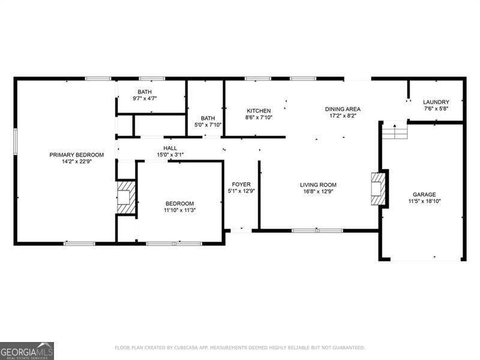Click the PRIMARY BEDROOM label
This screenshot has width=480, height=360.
pyautogui.click(x=76, y=155)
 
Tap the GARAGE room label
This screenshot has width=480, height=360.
pyautogui.click(x=424, y=194)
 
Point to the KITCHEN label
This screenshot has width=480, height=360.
pyautogui.click(x=259, y=111)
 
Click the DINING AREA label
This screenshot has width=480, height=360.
pyautogui.click(x=343, y=109)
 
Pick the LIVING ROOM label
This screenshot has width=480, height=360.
pyautogui.click(x=318, y=185)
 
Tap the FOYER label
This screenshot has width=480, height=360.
pyautogui.click(x=241, y=184)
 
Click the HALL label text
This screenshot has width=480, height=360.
pyautogui.click(x=170, y=148)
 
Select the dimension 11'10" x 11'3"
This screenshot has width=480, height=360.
pyautogui.click(x=179, y=210)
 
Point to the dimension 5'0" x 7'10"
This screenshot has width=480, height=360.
pyautogui.click(x=208, y=125)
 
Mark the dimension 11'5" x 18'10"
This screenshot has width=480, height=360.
pyautogui.click(x=424, y=202)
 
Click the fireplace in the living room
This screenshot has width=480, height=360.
pyautogui.click(x=379, y=189)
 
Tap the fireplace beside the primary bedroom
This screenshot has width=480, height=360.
pyautogui.click(x=125, y=196)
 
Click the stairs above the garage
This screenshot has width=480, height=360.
pyautogui.click(x=395, y=131)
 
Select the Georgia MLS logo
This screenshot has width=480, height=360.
pyautogui.click(x=27, y=350)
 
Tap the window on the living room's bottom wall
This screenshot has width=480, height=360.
pyautogui.click(x=317, y=230)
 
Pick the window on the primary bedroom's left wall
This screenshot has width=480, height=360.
pyautogui.click(x=15, y=145)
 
